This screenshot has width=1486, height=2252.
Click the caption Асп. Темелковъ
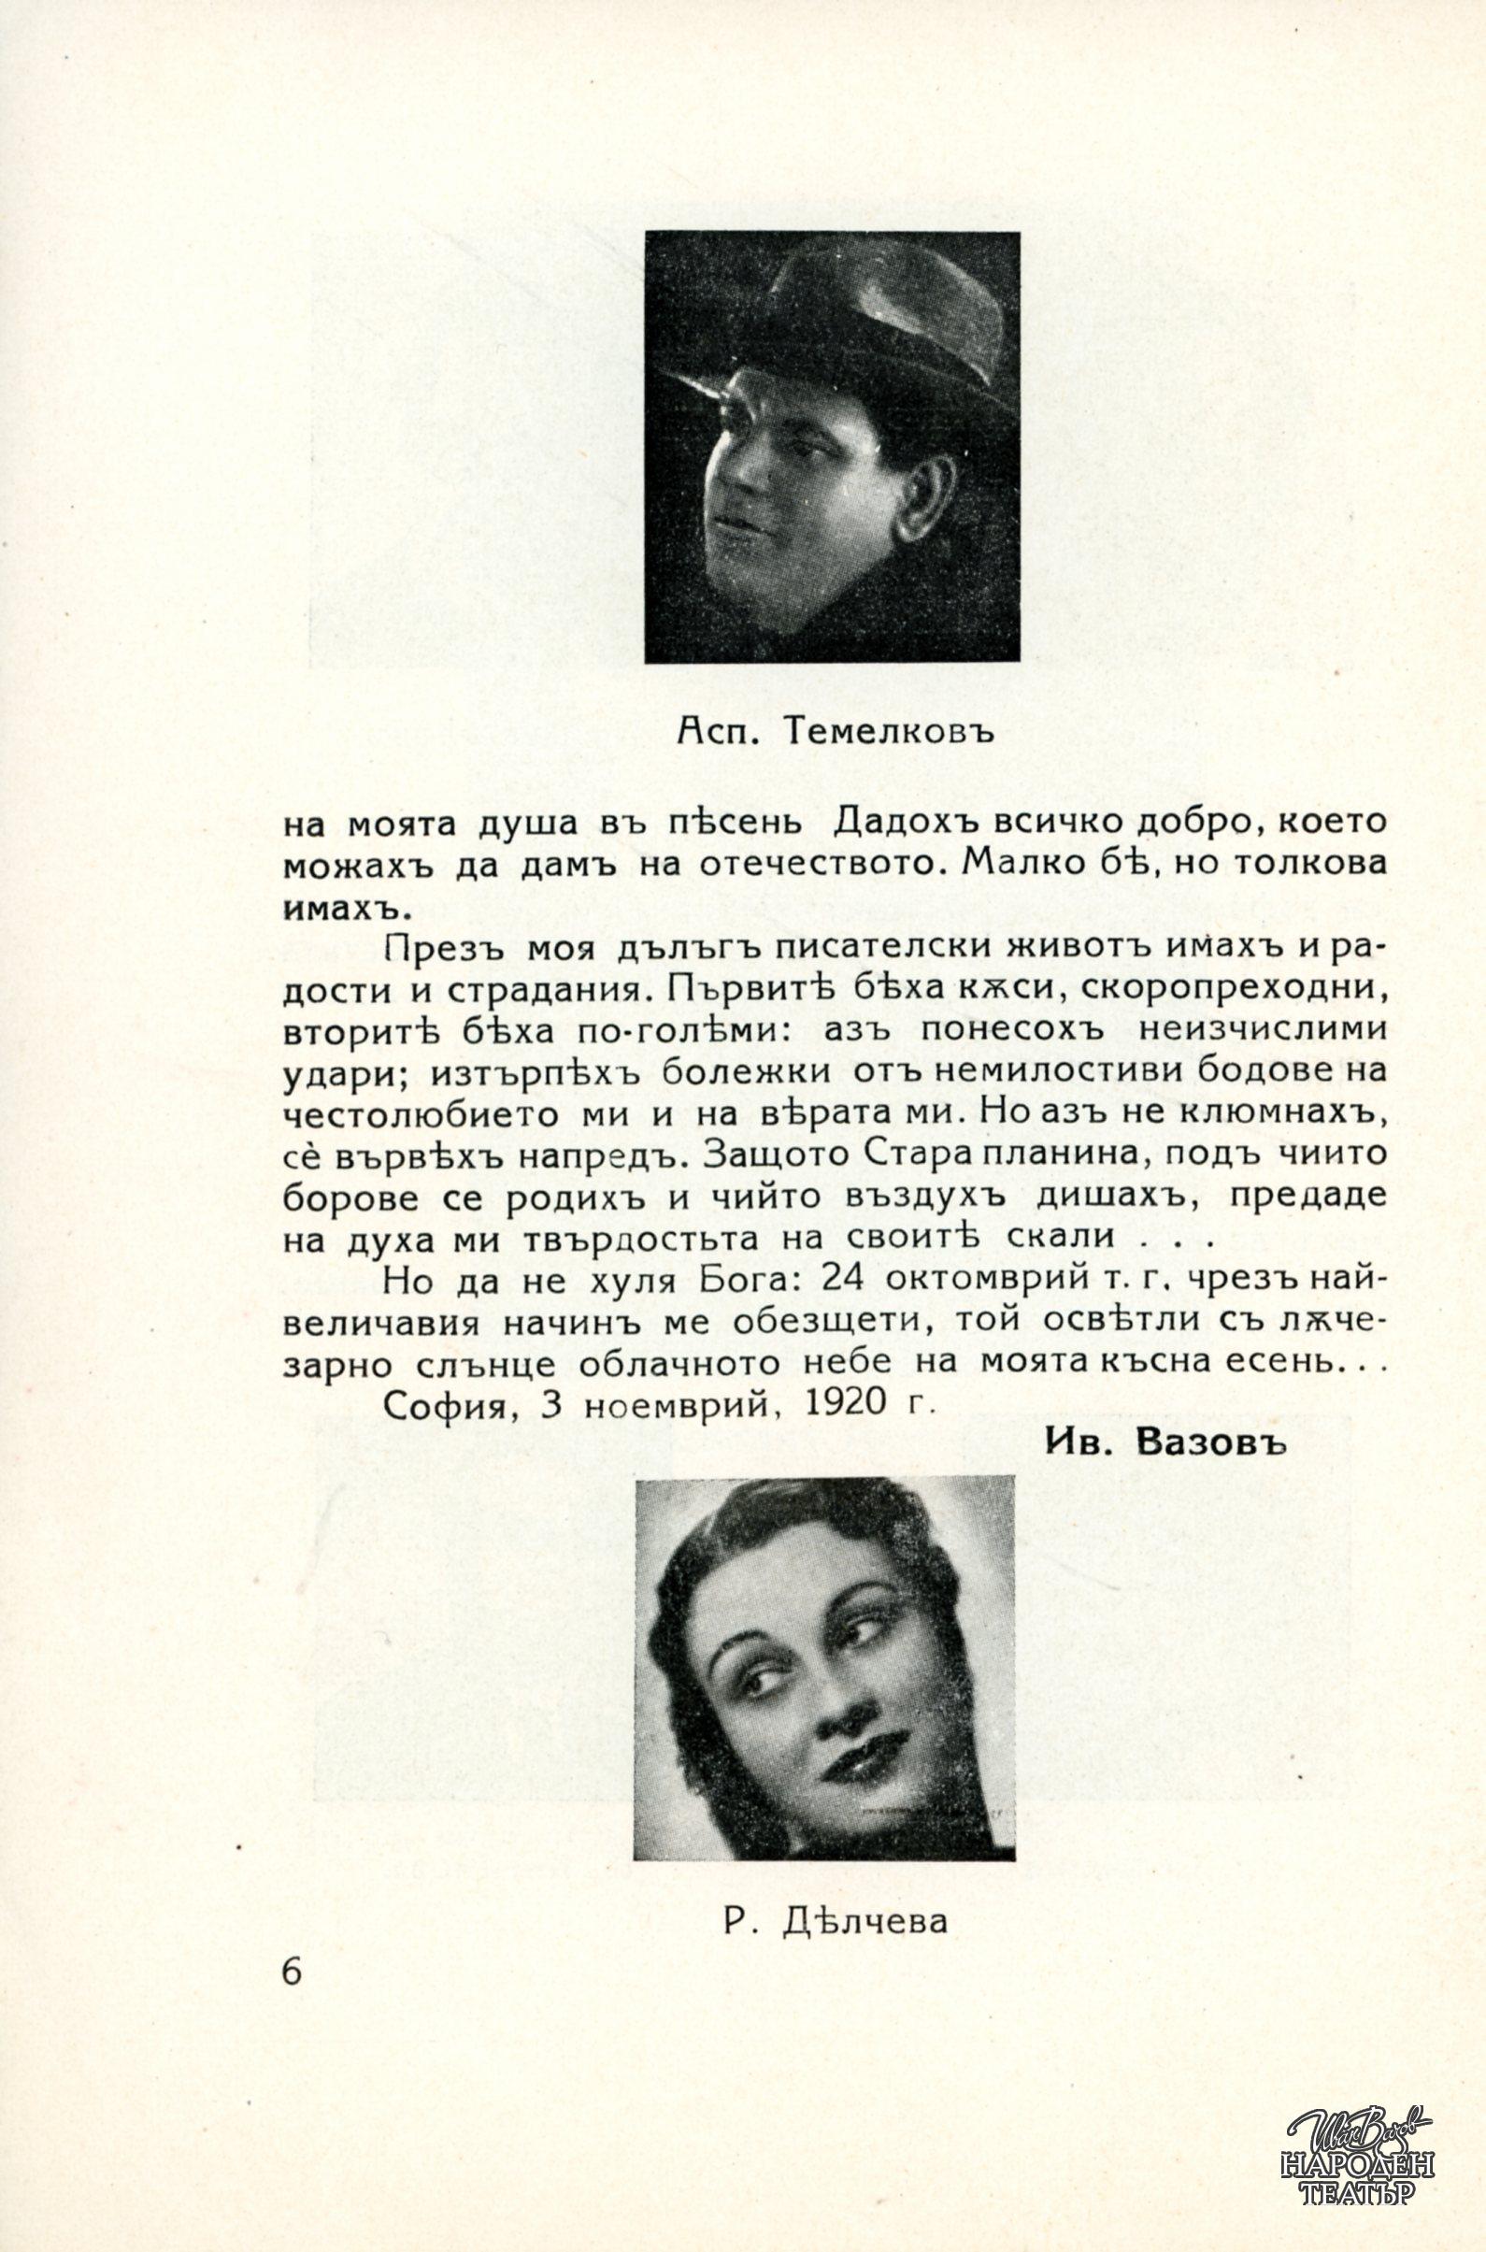click(x=835, y=731)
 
